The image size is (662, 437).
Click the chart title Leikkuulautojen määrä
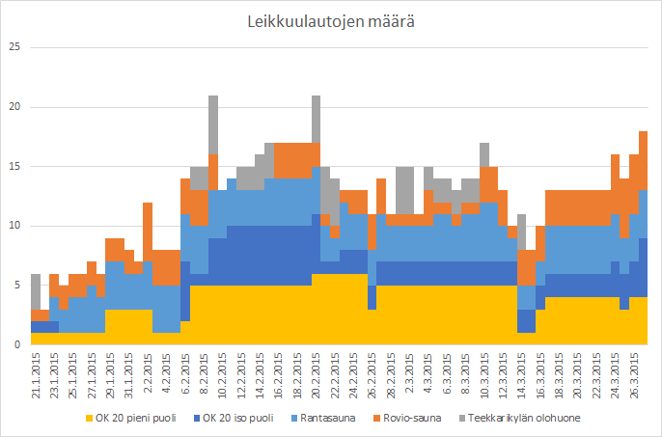[331, 21]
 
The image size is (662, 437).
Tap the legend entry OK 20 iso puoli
[233, 418]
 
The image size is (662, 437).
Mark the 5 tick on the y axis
[14, 286]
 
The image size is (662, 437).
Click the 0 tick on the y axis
[14, 344]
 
